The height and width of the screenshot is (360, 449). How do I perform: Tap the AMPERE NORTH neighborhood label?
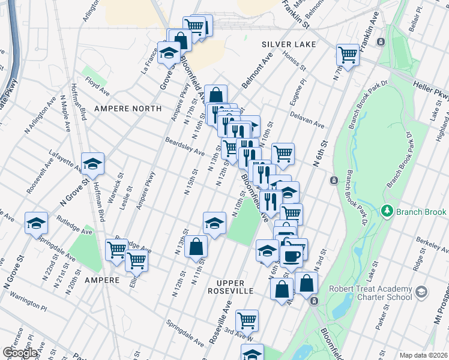128,109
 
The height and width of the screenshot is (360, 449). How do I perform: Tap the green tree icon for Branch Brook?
388,212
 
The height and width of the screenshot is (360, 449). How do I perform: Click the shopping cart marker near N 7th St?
348,55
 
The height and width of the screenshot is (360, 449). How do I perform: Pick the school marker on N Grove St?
93,163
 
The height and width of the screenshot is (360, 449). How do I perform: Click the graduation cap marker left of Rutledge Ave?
36,223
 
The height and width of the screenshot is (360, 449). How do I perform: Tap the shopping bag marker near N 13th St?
196,246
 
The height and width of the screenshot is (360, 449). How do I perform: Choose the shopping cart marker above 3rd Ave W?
247,321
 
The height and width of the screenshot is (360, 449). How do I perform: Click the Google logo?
20,353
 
